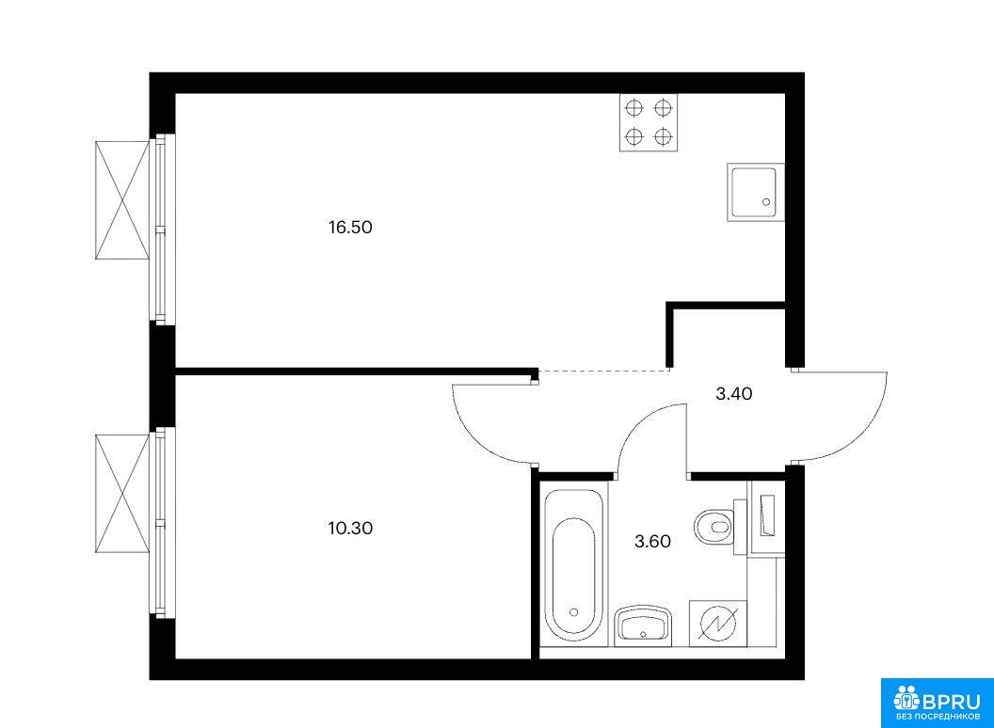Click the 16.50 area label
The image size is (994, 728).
coord(350,227)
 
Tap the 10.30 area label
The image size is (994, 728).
coord(350,528)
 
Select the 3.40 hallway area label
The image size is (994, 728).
coord(734,393)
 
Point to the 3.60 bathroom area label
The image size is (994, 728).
coord(653,541)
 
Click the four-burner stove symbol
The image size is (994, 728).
coord(649,122)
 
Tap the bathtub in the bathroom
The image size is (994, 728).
coord(573,564)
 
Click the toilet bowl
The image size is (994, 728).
coord(715,526)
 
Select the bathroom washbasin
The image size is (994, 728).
coord(643,625)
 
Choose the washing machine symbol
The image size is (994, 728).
coord(717,624)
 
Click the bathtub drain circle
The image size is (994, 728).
coord(573,612)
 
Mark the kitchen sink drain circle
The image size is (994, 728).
coord(766,202)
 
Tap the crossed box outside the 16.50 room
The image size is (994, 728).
coord(122,200)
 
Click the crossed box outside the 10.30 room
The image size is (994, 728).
coord(122,494)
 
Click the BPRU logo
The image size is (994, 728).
coord(937,703)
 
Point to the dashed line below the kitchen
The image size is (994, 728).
coord(603,370)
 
